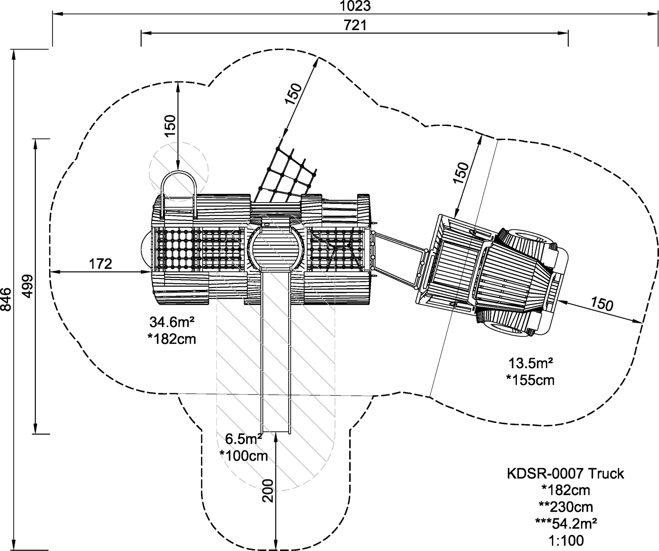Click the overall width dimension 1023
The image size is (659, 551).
pyautogui.click(x=355, y=6)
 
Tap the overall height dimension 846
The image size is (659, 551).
pyautogui.click(x=6, y=299)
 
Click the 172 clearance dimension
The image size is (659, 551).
pyautogui.click(x=100, y=264)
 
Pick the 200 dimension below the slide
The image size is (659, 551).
pyautogui.click(x=268, y=491)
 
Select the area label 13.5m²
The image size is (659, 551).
pyautogui.click(x=531, y=363)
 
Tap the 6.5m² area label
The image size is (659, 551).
pyautogui.click(x=244, y=439)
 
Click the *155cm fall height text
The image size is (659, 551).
pyautogui.click(x=530, y=380)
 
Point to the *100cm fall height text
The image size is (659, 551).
pyautogui.click(x=244, y=456)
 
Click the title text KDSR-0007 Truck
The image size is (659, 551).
pyautogui.click(x=565, y=474)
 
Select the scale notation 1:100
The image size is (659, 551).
pyautogui.click(x=566, y=541)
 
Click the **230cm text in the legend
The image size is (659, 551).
pyautogui.click(x=566, y=507)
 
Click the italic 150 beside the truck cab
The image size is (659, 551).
pyautogui.click(x=602, y=304)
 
